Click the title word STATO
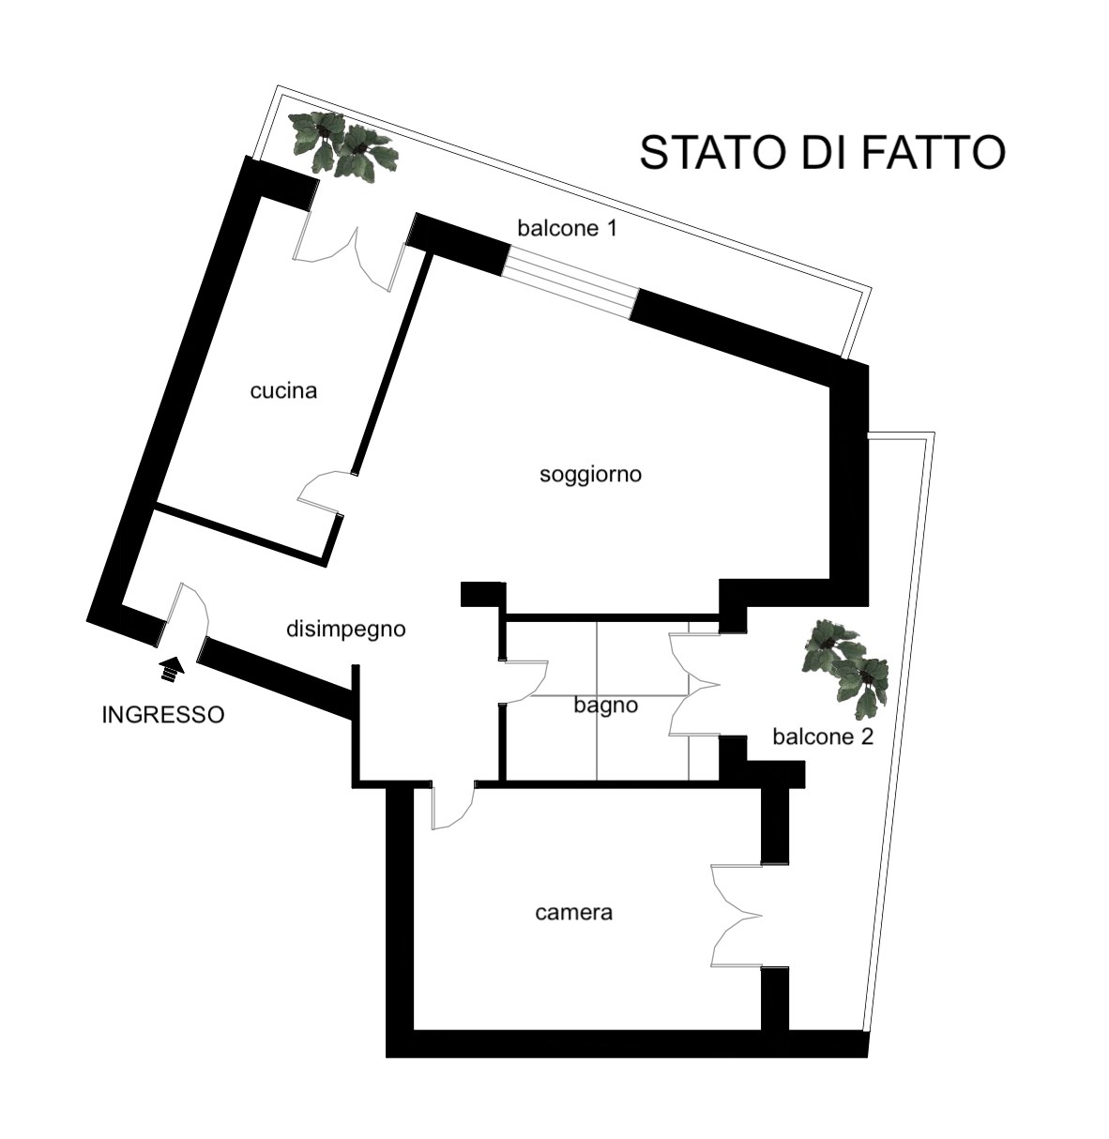(713, 153)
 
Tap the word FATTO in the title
(933, 153)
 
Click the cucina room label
(283, 391)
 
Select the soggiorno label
(590, 475)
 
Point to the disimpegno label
(346, 630)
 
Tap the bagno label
(606, 706)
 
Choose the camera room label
(573, 913)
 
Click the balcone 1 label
(567, 228)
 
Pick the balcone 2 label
(823, 737)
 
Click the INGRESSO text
(163, 715)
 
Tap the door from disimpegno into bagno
(525, 682)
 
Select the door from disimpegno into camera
(452, 807)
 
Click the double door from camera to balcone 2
(737, 916)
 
